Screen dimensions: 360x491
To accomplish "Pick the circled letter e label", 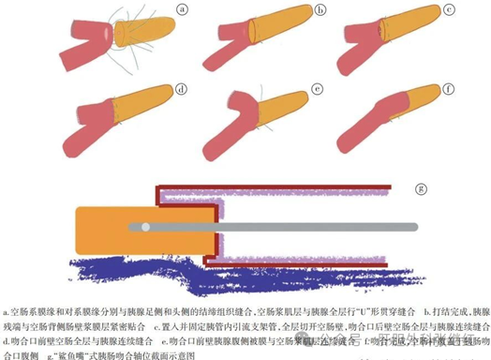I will point(319,90).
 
